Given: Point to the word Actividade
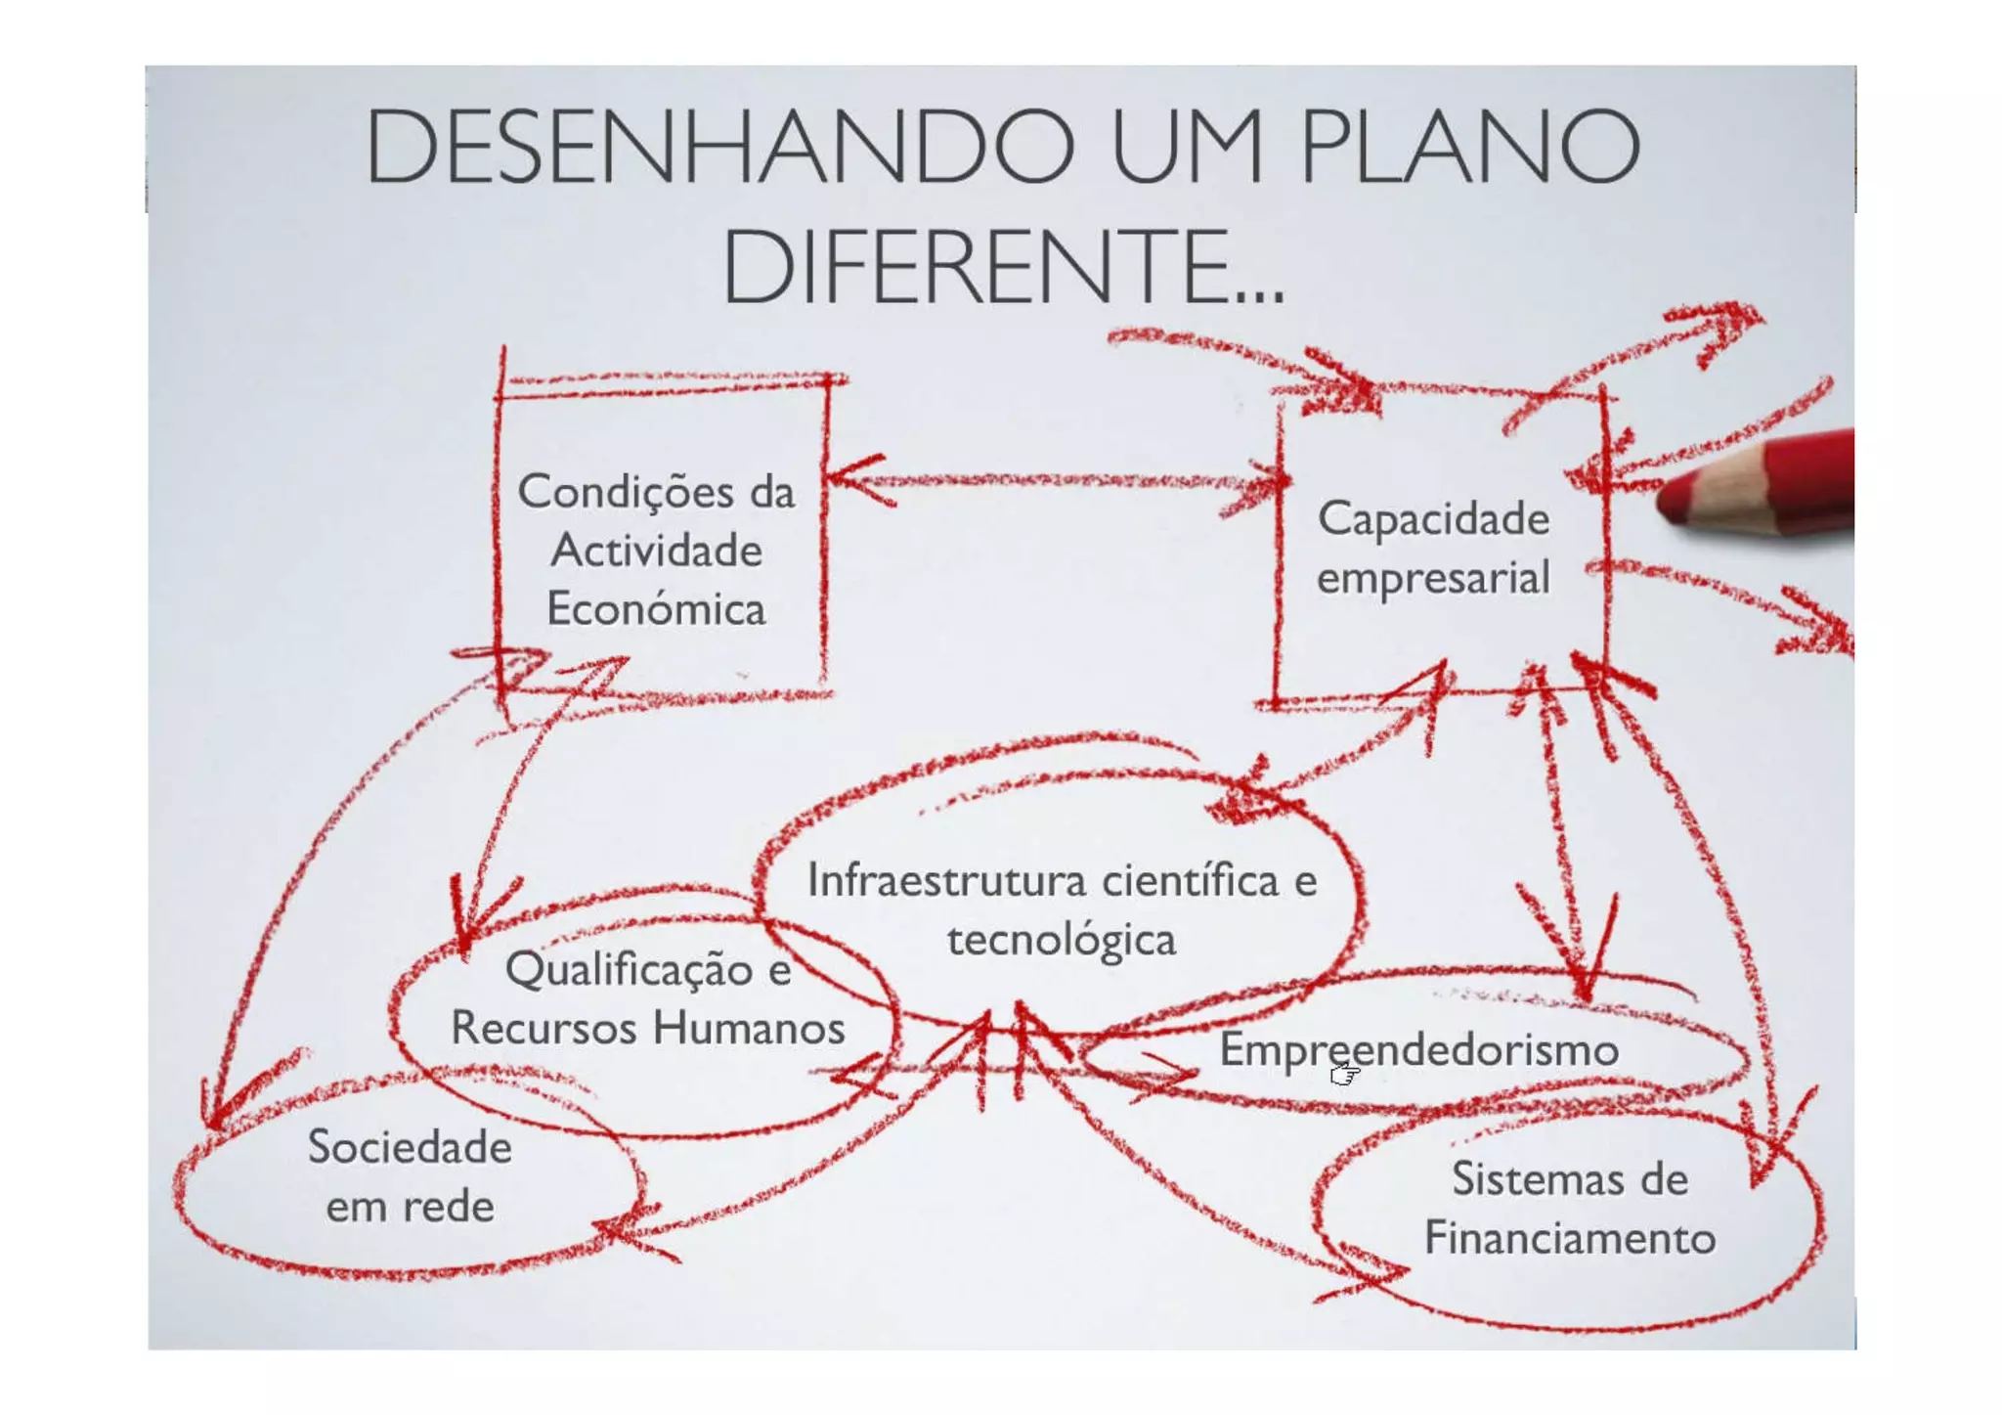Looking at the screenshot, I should click(656, 551).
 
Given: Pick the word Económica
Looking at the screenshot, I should click(656, 609).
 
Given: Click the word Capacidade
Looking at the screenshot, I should click(1433, 518).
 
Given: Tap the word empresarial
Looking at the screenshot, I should click(1433, 578).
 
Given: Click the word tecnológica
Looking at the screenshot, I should click(1062, 940).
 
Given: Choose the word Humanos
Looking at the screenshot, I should click(749, 1028).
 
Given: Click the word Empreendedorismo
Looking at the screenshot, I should click(1419, 1050).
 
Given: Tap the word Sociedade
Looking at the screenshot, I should click(410, 1147).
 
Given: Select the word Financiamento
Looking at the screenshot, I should click(1570, 1238).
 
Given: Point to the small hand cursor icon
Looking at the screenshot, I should click(1345, 1075).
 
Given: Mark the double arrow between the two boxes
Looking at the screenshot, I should click(1056, 481).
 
